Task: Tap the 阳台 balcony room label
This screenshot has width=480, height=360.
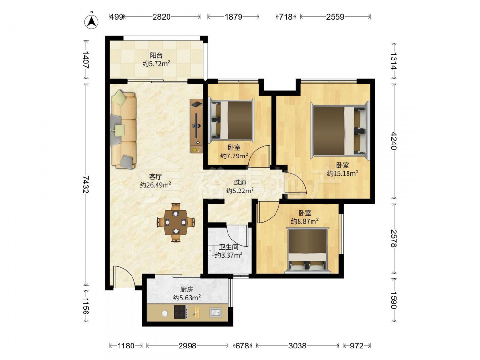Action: (156, 55)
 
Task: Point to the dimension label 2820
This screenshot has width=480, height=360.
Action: (162, 17)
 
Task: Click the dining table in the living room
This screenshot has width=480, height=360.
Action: (176, 223)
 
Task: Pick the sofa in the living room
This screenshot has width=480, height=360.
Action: (124, 130)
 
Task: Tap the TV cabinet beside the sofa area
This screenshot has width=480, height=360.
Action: (196, 126)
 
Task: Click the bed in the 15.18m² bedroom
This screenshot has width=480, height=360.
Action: (340, 131)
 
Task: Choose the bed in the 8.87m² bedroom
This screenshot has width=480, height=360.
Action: (308, 250)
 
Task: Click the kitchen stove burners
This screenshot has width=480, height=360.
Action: (180, 312)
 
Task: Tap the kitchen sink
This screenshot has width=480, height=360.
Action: (216, 312)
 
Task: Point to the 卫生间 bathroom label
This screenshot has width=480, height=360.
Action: (228, 247)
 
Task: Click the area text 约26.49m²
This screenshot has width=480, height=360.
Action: (156, 185)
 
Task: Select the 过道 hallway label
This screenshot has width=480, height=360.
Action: (240, 182)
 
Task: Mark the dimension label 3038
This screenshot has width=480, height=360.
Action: (297, 346)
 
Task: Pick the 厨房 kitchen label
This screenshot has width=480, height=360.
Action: (187, 289)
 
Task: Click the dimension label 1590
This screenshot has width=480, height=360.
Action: (394, 300)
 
